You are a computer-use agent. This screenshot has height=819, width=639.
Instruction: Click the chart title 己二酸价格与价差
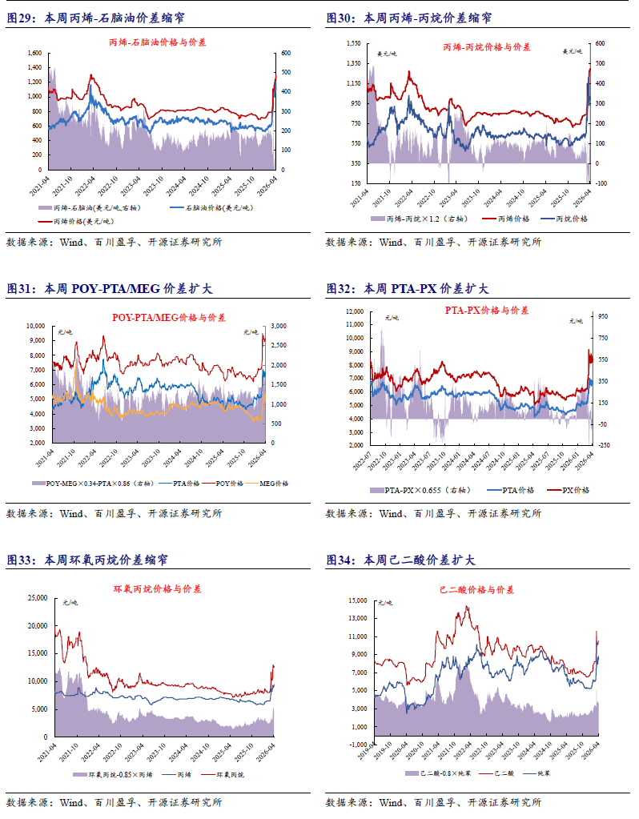[476, 589]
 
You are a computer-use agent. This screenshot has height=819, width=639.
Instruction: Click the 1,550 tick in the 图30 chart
[353, 42]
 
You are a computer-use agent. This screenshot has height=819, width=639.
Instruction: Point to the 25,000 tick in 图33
[35, 597]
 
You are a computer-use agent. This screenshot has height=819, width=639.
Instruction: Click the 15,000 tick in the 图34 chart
[356, 600]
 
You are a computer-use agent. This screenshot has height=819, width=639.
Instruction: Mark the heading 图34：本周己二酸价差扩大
[400, 560]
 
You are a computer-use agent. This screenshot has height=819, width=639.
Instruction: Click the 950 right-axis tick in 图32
[601, 316]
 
